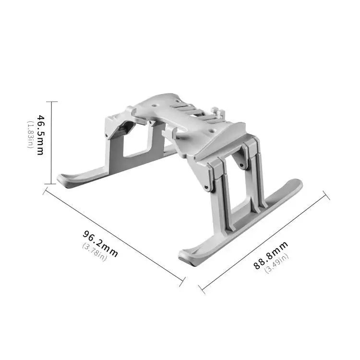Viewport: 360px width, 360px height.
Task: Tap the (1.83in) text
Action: pos(30,134)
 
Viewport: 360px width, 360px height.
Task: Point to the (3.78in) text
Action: pos(95,252)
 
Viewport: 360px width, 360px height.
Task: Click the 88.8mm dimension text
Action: pos(271,256)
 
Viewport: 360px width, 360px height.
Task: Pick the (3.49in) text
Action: pos(277,264)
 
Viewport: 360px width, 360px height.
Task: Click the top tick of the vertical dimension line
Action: pos(51,102)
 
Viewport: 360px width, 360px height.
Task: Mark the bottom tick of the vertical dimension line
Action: pos(51,184)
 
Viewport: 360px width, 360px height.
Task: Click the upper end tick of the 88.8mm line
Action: pos(326,195)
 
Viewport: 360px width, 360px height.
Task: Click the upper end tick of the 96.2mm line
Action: pos(46,191)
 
